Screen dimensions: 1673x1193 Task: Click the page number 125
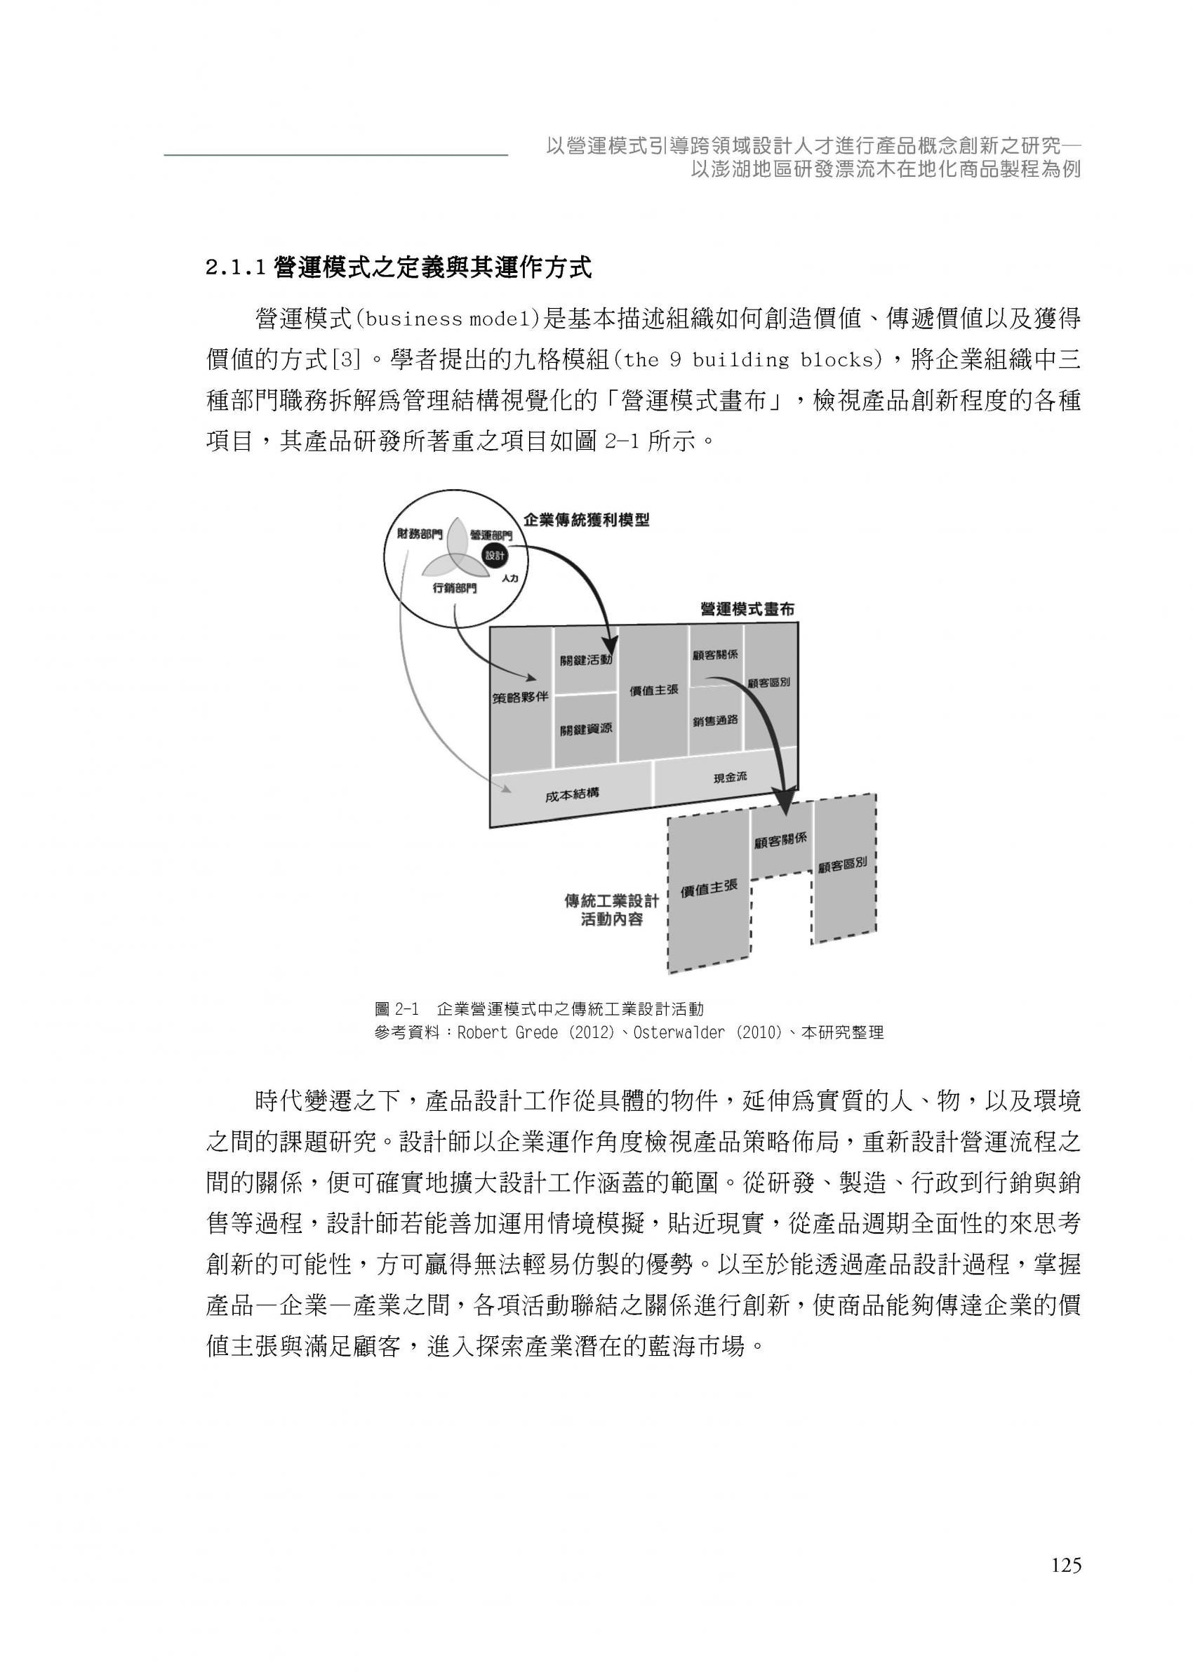pos(1066,1566)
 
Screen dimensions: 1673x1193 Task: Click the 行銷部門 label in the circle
pos(455,587)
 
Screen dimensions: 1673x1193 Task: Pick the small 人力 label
pos(509,578)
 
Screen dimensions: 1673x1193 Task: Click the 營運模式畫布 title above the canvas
pos(747,609)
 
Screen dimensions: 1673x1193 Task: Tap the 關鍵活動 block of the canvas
pos(585,660)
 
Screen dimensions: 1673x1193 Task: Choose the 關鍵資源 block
pos(585,729)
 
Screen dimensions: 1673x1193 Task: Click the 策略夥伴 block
pos(520,697)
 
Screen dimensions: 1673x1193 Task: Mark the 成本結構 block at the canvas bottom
pos(571,793)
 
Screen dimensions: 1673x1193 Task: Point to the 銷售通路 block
pos(715,721)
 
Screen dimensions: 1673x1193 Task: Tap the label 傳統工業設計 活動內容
pos(611,910)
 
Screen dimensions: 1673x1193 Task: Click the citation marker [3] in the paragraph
pos(347,360)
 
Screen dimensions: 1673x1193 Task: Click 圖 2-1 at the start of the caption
pos(396,1009)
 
